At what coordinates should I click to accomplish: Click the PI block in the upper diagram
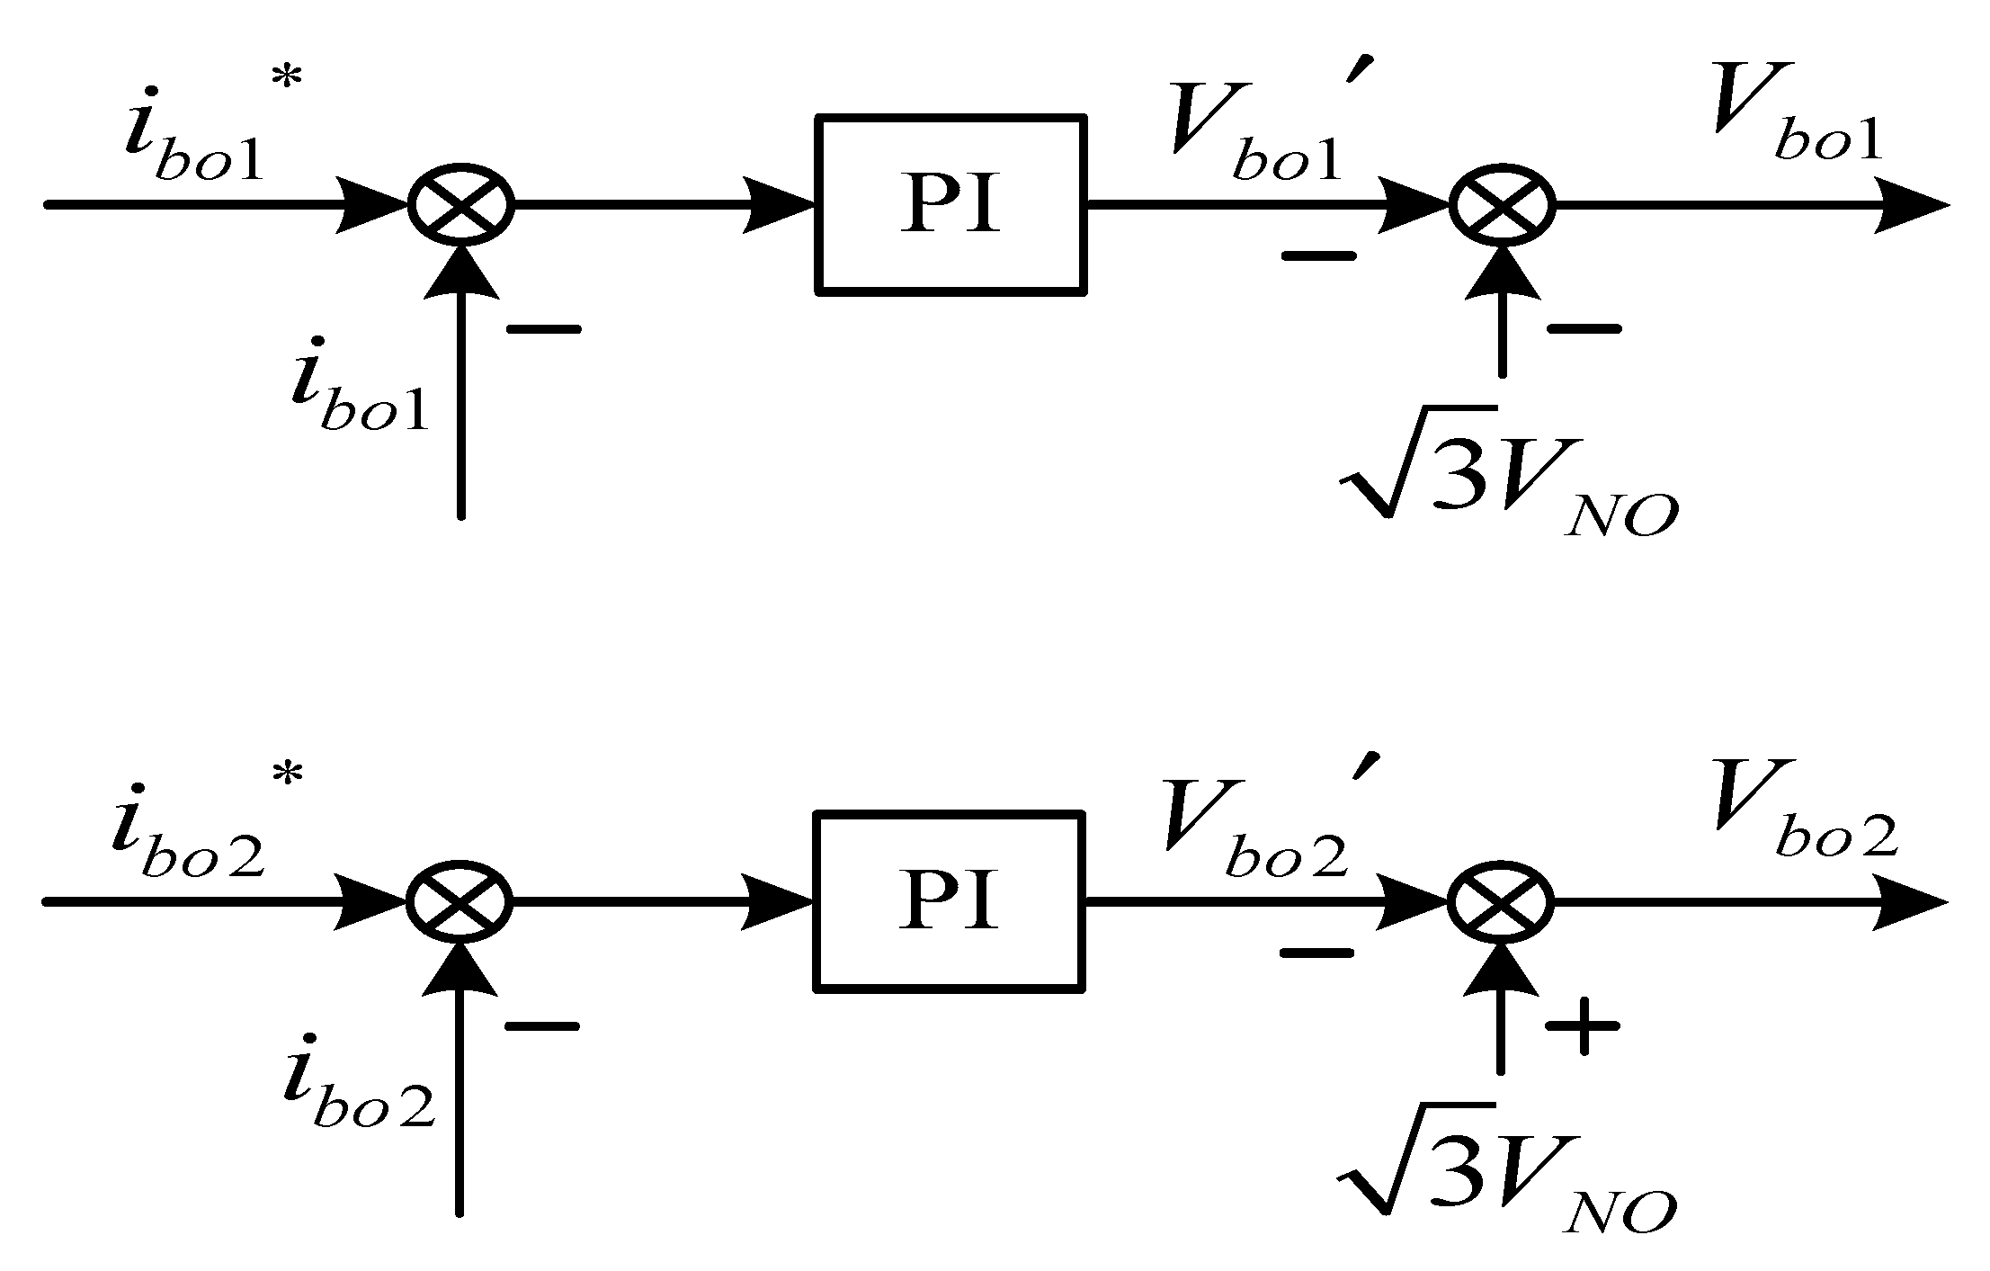click(950, 204)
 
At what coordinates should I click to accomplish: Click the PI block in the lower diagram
click(950, 901)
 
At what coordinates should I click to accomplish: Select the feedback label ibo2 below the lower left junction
click(358, 1088)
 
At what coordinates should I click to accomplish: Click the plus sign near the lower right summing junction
click(1583, 1025)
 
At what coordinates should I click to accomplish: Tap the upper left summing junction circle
click(460, 205)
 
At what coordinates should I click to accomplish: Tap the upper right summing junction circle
click(1501, 205)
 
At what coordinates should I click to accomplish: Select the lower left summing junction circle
click(460, 901)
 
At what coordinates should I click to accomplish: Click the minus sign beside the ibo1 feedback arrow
click(544, 329)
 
